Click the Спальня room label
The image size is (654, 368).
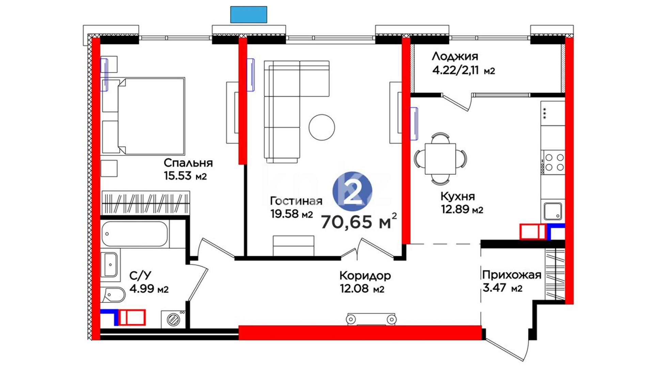click(x=188, y=163)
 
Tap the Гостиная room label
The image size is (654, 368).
click(x=296, y=201)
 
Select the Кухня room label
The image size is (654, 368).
click(x=457, y=196)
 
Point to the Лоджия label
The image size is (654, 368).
click(x=455, y=56)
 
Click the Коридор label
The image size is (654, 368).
click(x=365, y=275)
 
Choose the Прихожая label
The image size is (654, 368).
click(x=512, y=275)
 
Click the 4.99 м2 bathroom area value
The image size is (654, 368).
click(x=149, y=289)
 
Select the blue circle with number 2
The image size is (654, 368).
click(x=352, y=191)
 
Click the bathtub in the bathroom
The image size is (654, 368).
click(x=135, y=234)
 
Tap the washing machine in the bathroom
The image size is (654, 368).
click(x=173, y=319)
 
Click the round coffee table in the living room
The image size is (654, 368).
click(x=322, y=127)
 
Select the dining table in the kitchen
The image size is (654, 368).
click(x=440, y=158)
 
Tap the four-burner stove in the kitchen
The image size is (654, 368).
click(x=553, y=162)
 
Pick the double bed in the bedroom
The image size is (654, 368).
click(x=143, y=116)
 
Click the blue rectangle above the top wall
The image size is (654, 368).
click(x=249, y=15)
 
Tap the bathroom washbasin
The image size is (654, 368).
click(x=110, y=265)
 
